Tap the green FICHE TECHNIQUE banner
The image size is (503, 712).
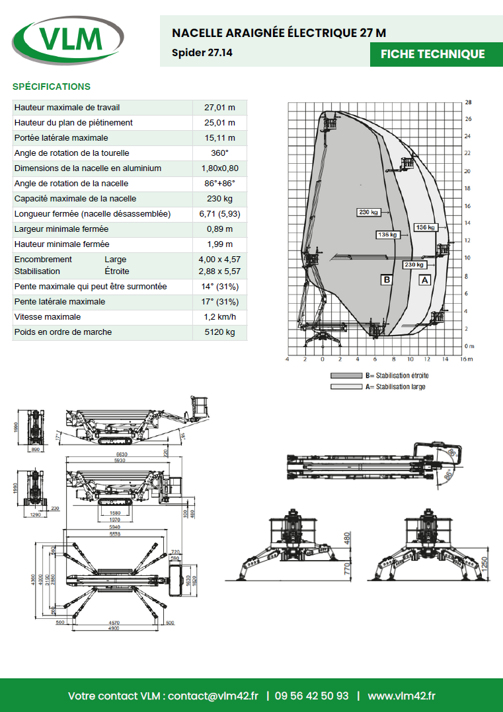pyautogui.click(x=432, y=54)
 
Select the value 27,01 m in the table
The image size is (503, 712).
pyautogui.click(x=220, y=108)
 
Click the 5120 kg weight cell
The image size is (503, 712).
pyautogui.click(x=220, y=332)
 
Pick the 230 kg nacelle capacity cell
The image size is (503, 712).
pyautogui.click(x=220, y=199)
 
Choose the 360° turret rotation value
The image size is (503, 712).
pyautogui.click(x=220, y=153)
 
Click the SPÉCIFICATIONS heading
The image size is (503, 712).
pyautogui.click(x=52, y=87)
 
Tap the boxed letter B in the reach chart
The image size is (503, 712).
pyautogui.click(x=387, y=280)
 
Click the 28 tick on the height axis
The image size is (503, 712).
pyautogui.click(x=468, y=103)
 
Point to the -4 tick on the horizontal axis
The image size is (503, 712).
pyautogui.click(x=287, y=359)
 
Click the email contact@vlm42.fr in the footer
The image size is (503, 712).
pyautogui.click(x=213, y=696)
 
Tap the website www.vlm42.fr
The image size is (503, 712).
pyautogui.click(x=401, y=696)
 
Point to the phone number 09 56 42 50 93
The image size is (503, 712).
pyautogui.click(x=311, y=696)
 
